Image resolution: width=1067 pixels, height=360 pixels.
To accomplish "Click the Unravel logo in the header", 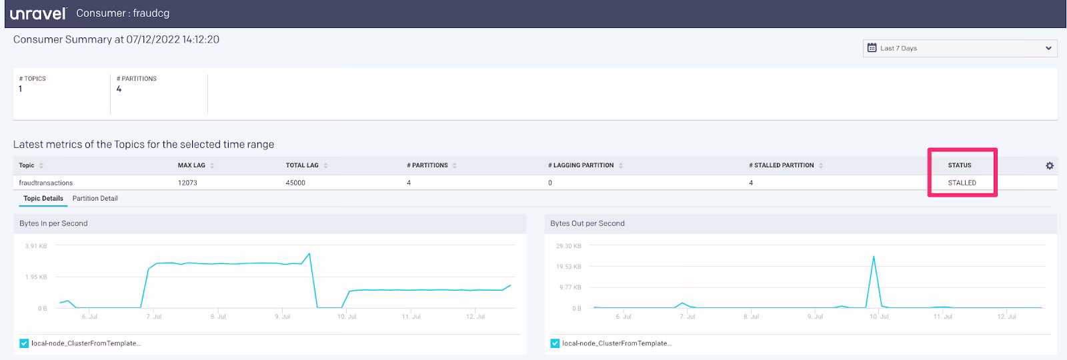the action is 38,13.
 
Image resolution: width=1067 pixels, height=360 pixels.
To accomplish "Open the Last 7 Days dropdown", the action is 960,48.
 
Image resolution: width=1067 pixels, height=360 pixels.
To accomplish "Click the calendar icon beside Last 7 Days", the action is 872,47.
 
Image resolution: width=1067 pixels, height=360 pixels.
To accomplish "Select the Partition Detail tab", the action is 95,198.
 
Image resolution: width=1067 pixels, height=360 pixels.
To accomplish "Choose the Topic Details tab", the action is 43,198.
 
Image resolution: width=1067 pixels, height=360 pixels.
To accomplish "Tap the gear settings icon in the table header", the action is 1050,166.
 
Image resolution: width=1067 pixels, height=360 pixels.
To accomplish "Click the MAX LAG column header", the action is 191,165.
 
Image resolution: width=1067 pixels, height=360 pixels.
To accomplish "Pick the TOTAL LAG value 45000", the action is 295,183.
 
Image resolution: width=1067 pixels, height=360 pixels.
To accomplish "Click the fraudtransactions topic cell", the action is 46,183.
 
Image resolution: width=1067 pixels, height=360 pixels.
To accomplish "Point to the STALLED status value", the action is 962,183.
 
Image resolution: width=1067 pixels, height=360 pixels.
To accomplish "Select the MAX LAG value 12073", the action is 187,183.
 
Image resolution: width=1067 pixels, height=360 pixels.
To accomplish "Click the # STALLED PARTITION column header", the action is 781,165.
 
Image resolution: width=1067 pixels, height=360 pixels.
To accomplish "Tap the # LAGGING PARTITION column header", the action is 581,165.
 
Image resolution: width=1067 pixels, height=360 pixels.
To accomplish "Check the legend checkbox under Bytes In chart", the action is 24,343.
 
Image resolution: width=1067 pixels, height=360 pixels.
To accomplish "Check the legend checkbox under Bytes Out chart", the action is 554,343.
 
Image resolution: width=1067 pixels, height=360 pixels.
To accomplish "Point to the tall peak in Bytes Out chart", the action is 874,257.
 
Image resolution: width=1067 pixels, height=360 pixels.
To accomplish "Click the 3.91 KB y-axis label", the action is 36,246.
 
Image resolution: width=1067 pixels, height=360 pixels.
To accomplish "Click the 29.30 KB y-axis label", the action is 569,246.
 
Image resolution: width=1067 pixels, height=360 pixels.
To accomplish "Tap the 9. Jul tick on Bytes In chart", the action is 283,316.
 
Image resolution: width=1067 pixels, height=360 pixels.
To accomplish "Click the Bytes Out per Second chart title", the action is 588,223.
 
